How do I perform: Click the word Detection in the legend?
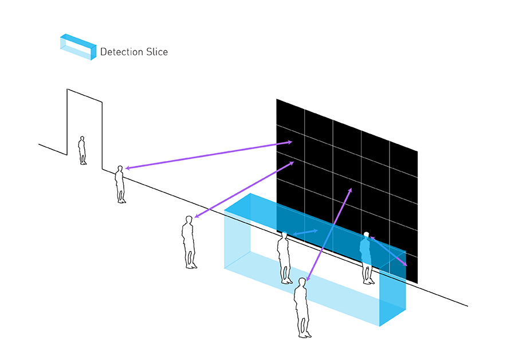coord(121,52)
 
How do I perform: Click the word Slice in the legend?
coord(157,52)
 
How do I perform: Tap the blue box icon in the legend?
coord(78,47)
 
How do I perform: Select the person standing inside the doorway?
coord(82,150)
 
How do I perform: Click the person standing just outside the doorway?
coord(120,185)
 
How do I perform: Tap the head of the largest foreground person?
coord(302,283)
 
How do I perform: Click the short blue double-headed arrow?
coord(305,232)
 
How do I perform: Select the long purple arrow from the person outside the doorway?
coord(209,155)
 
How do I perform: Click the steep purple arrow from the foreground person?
coord(329,234)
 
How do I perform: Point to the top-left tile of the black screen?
coord(290,116)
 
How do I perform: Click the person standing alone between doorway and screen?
coord(189,242)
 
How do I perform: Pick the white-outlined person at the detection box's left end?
coord(284,258)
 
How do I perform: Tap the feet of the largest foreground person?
coord(305,335)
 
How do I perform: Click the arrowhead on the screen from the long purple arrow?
coord(289,142)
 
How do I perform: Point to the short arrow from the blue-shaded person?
coord(388,251)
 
